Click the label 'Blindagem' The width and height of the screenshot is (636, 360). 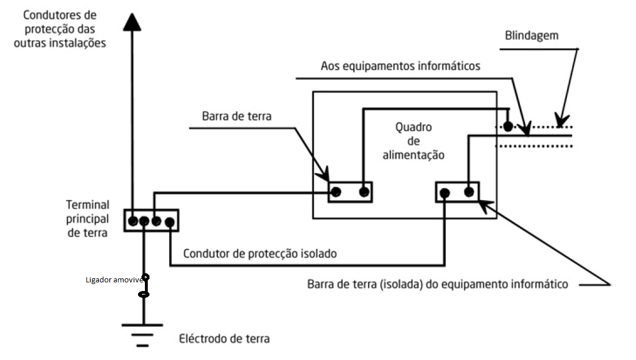(531, 36)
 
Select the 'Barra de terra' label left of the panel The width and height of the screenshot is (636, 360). (236, 116)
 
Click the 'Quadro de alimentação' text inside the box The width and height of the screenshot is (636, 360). (413, 141)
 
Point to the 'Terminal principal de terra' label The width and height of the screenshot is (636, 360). (87, 219)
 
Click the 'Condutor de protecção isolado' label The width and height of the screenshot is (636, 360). (259, 253)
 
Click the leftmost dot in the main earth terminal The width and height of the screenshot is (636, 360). (133, 221)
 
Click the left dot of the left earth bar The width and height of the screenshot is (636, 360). (336, 192)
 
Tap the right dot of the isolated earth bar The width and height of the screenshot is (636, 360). (469, 192)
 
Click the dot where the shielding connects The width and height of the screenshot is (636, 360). (508, 126)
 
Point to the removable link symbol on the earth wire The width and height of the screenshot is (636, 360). (145, 286)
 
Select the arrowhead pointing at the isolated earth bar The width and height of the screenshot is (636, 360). (482, 202)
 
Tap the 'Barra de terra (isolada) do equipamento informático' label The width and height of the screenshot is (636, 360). (438, 284)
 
